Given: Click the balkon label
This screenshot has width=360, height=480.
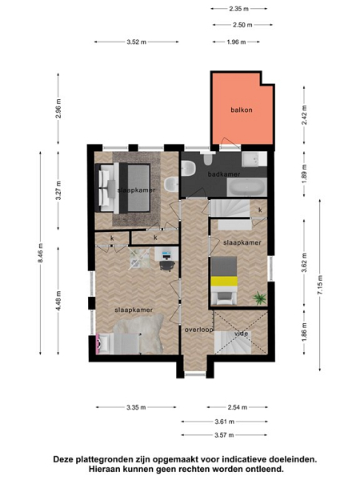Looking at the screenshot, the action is point(242,110).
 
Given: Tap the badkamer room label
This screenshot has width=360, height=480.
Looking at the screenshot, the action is point(224,174).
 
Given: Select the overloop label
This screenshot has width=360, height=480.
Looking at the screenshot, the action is point(198,330).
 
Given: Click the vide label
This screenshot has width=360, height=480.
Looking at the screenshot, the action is point(241,334).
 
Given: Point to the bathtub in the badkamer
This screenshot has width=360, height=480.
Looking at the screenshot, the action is point(246,187).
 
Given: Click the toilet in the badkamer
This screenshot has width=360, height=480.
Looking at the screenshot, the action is point(188,168).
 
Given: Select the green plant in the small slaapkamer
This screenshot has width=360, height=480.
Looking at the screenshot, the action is point(259,298).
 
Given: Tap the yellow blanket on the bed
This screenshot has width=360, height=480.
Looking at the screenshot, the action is point(224,281).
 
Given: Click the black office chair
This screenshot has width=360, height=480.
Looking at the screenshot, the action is point(167,266).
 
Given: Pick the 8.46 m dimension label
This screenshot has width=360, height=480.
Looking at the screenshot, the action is point(41,253).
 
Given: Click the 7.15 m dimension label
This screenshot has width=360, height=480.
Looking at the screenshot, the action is point(320,285).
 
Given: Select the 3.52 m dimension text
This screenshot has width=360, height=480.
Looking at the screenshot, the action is point(137,42).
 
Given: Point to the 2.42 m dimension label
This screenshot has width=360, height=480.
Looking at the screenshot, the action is point(304,114).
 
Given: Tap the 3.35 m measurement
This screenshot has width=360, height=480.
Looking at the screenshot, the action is point(136,407).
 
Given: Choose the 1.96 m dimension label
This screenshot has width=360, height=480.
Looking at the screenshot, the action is point(236,42).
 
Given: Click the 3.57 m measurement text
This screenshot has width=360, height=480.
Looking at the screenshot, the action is point(224,434).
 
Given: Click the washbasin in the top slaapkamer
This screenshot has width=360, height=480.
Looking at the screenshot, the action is point(171,185).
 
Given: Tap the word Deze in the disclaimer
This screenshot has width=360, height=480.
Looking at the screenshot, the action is point(63,459).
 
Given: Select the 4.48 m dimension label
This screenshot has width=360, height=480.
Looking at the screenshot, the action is point(58,301).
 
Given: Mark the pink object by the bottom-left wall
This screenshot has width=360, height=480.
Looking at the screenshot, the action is point(98,343).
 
